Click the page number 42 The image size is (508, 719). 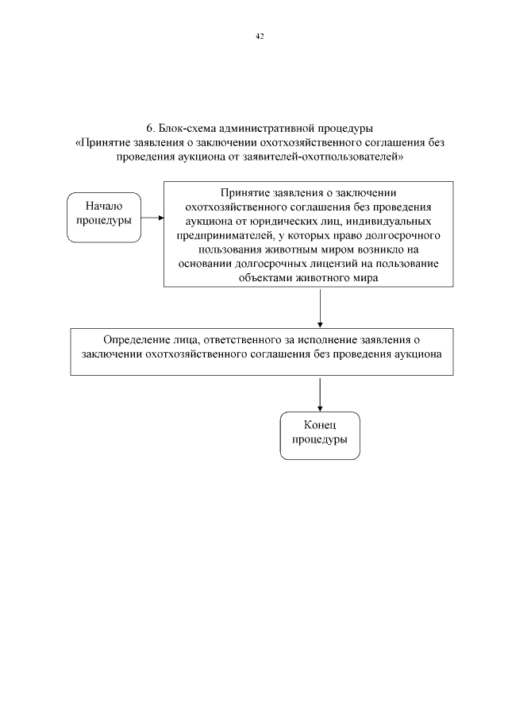coord(260,36)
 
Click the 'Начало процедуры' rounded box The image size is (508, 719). coord(103,216)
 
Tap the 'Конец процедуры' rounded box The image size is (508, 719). coord(320,435)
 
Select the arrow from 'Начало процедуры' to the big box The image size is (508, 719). coord(153,216)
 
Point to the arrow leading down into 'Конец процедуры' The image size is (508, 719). coord(320,394)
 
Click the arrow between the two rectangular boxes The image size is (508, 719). coord(320,307)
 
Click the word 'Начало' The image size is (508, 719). coord(103,207)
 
